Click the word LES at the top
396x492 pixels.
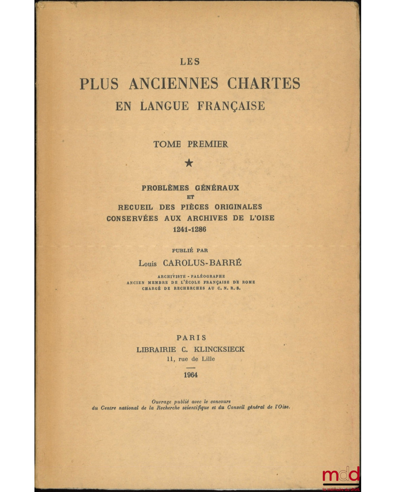click(x=190, y=61)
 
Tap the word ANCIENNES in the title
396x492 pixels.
click(x=173, y=84)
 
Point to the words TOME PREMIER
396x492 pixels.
click(x=190, y=144)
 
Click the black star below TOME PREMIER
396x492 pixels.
click(x=189, y=163)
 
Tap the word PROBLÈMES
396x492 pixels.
click(x=165, y=188)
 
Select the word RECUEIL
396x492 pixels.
click(x=135, y=207)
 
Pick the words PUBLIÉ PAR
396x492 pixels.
click(x=190, y=250)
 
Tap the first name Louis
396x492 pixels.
click(x=148, y=264)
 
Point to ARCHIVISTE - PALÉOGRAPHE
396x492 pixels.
click(x=191, y=276)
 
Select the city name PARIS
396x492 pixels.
click(x=191, y=338)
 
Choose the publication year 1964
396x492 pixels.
click(x=190, y=375)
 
